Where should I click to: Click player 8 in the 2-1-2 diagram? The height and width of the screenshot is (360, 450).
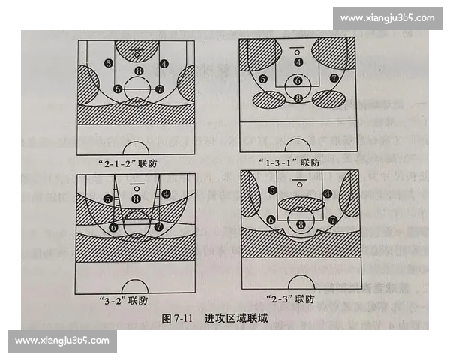[x=137, y=71]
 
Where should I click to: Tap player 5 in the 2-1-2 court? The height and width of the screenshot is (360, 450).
[x=109, y=64]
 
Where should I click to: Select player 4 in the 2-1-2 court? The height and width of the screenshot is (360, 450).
[x=164, y=64]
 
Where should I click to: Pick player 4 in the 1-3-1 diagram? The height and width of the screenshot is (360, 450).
[x=298, y=62]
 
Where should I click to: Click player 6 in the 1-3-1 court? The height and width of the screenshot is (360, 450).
[x=298, y=80]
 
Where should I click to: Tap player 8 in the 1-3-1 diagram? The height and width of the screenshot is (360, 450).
[x=298, y=97]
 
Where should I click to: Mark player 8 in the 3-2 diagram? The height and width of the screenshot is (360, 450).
[x=136, y=198]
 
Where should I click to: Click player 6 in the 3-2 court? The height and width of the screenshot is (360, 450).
[x=114, y=226]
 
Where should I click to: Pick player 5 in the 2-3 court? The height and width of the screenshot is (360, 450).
[x=272, y=191]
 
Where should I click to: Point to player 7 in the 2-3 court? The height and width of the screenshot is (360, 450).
[x=332, y=220]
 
